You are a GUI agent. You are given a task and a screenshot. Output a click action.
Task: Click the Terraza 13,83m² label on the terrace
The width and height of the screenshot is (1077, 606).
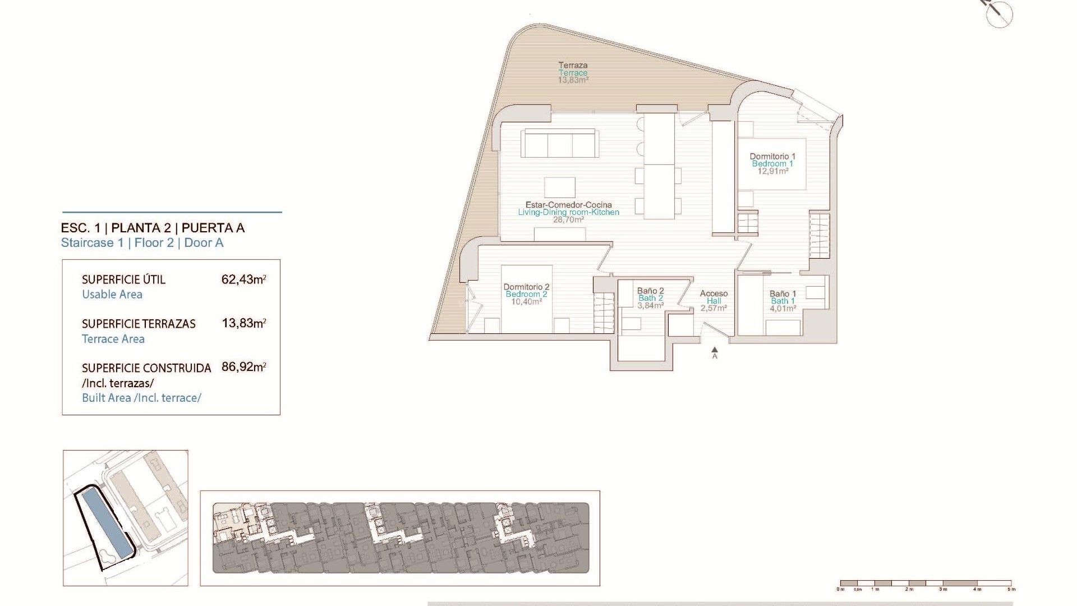573,73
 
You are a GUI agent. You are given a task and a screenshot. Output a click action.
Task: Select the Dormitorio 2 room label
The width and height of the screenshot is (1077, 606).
526,294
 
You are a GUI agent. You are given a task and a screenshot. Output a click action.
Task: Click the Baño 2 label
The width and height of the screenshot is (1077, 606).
650,298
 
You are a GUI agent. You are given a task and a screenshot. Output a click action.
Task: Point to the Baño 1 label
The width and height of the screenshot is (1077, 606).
783,301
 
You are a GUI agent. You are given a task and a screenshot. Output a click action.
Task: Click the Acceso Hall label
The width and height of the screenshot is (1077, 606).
714,301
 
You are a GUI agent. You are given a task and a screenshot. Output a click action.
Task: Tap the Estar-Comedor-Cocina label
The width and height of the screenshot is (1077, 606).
568,212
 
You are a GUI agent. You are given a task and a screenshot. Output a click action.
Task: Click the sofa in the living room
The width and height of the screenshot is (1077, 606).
559,144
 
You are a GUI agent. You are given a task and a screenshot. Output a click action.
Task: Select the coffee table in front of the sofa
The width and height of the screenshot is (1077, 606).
559,187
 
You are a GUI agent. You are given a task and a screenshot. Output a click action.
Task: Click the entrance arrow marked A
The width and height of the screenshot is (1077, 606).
715,352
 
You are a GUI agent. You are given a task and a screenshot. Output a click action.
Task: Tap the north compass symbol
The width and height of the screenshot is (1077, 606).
998,12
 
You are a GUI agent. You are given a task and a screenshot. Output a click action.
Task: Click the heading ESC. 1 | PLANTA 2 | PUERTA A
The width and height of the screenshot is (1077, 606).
153,228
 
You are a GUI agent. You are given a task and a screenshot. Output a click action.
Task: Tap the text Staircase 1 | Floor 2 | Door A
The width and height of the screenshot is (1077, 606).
142,243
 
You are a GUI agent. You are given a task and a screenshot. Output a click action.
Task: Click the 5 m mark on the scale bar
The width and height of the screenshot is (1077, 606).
1011,589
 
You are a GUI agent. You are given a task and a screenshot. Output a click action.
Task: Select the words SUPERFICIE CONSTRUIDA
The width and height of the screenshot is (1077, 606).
146,368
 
